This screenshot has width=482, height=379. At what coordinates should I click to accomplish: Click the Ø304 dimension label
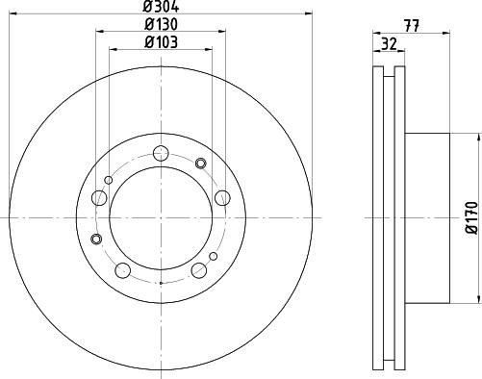tap(161, 7)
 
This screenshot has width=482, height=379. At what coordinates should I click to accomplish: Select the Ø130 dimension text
tap(161, 24)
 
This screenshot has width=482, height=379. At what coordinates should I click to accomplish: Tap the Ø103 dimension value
tap(161, 42)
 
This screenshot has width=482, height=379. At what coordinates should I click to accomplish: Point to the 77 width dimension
tap(412, 26)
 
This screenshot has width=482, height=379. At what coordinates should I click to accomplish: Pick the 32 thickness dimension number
tap(389, 44)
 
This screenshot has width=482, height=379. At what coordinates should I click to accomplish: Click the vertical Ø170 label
tap(472, 218)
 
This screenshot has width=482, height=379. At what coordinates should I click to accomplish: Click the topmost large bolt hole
tap(161, 153)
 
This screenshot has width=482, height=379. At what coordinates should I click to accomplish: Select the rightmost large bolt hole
tap(222, 198)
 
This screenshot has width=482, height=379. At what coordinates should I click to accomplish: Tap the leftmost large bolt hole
tap(99, 198)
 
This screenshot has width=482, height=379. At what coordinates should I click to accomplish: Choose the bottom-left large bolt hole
tap(122, 270)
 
